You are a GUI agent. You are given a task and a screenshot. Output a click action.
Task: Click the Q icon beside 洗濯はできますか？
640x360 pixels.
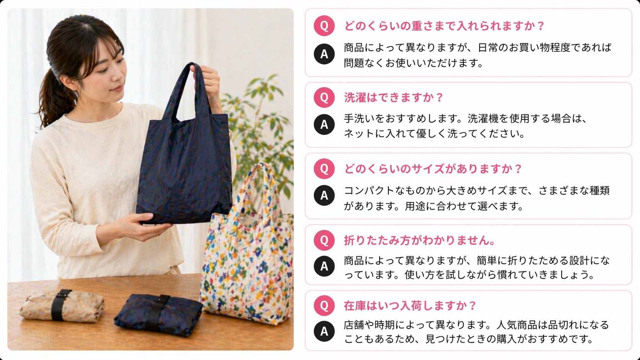324,97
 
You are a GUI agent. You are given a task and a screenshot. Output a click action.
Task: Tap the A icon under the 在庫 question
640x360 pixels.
324,331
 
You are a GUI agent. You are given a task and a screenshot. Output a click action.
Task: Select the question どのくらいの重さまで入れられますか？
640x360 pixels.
444,26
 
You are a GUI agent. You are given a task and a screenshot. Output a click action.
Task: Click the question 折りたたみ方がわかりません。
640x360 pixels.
420,240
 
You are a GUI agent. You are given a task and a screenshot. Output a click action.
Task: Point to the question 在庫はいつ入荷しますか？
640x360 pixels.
410,306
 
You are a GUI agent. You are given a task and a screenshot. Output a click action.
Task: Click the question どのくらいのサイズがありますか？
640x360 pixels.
433,169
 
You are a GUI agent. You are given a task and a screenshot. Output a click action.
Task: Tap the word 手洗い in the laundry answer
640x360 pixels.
359,119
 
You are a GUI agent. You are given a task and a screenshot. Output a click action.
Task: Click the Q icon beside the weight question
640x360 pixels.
324,26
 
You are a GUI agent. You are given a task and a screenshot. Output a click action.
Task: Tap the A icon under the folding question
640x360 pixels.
324,266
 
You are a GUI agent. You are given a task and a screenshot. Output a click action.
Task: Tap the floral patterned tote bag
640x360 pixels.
249,260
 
